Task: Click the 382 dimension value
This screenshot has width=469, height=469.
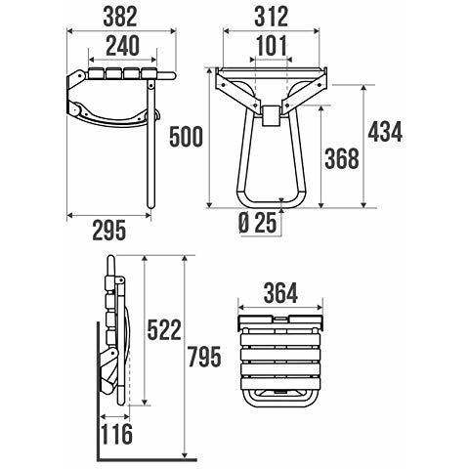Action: click(x=120, y=17)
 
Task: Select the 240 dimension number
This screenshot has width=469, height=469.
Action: click(x=123, y=46)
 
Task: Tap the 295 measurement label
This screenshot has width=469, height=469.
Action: click(x=109, y=231)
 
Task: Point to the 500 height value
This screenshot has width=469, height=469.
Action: click(x=186, y=137)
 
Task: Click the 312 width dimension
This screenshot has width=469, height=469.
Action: click(x=272, y=17)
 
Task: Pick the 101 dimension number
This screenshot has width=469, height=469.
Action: click(x=272, y=46)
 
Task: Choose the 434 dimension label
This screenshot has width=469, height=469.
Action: click(x=385, y=132)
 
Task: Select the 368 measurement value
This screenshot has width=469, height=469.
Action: click(x=342, y=158)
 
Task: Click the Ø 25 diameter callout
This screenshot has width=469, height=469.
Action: click(x=258, y=223)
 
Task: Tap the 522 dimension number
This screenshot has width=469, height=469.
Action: click(x=164, y=330)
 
